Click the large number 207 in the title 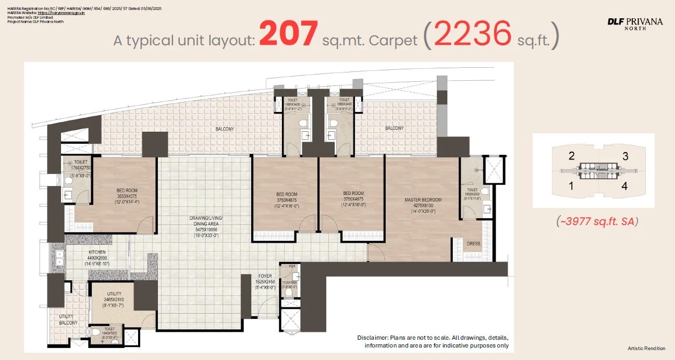288,34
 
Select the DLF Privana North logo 635,23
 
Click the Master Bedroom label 423,200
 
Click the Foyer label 265,276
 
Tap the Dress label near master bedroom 473,244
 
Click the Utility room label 114,294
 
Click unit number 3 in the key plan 625,156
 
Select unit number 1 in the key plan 572,185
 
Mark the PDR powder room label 285,266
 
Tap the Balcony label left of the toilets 225,129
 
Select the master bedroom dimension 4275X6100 423,205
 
